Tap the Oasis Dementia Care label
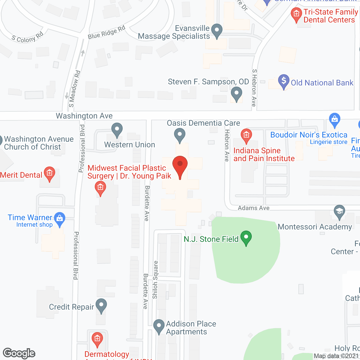tap(203, 123)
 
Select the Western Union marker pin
tap(117, 130)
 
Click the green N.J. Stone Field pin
tap(246, 237)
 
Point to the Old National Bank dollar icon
tap(284, 81)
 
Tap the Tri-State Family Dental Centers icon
tap(296, 14)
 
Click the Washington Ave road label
tap(84, 116)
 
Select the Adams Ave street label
tap(254, 208)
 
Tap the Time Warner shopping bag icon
tap(60, 219)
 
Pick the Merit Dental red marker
tap(49, 173)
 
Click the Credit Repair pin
tap(101, 305)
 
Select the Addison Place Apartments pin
tap(159, 326)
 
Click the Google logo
tap(19, 353)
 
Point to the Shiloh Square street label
tap(155, 280)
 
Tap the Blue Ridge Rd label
tap(106, 33)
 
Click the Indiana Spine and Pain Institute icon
tap(246, 136)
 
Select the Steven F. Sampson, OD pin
tap(237, 93)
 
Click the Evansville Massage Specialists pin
tap(217, 30)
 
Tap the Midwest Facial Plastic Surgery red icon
tap(100, 188)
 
